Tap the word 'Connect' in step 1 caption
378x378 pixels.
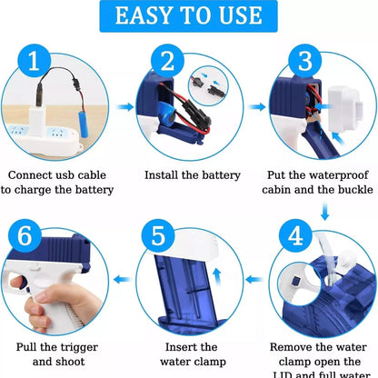(x=36, y=174)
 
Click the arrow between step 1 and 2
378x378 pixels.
(x=126, y=106)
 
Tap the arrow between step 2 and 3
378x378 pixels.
(x=257, y=106)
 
